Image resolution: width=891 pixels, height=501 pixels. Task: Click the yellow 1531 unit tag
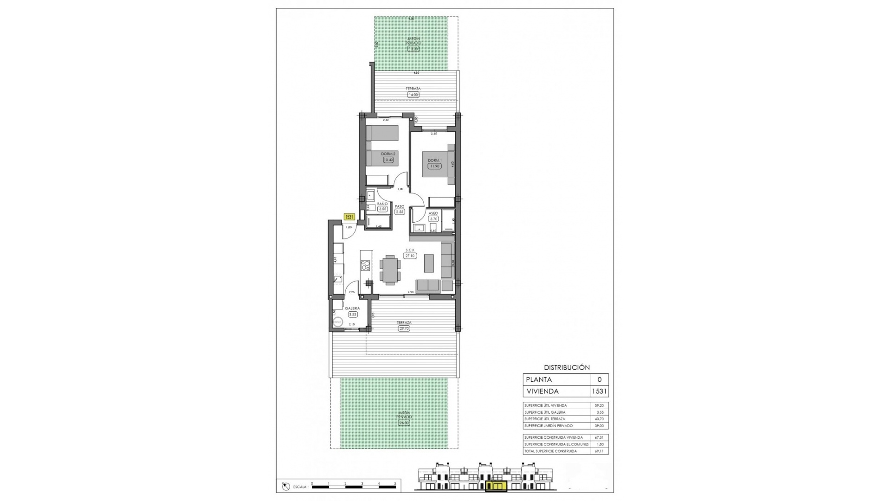point(349,217)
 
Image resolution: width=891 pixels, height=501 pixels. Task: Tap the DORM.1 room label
point(435,161)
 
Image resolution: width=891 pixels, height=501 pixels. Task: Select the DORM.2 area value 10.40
point(388,160)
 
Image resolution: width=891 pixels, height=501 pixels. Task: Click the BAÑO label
point(382,204)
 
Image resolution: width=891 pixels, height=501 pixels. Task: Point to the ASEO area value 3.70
point(433,219)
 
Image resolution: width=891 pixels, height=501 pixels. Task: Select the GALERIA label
point(353,308)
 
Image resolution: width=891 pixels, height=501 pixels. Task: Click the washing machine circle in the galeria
point(337,321)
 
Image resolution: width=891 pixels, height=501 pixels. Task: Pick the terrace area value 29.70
point(404,328)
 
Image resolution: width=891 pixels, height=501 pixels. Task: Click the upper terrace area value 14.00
point(413,95)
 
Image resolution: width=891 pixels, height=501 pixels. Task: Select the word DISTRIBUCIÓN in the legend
point(567,367)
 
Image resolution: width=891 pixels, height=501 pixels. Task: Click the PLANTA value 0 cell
point(599,379)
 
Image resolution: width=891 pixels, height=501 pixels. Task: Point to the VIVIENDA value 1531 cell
point(599,391)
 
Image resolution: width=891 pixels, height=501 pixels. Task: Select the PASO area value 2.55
point(400,212)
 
